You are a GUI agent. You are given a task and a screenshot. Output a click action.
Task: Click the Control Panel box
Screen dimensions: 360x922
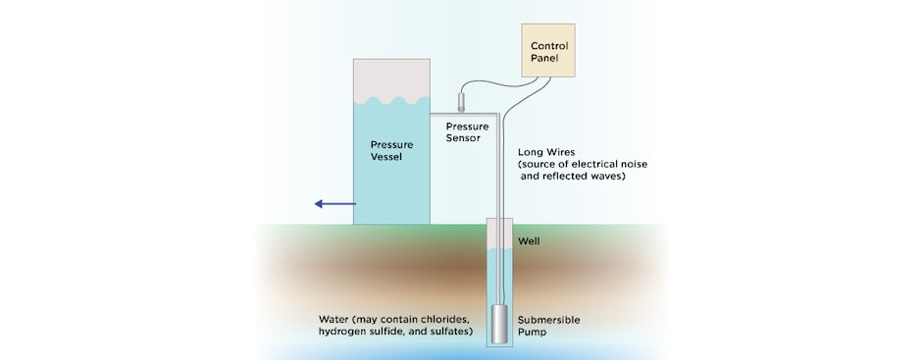coord(550,51)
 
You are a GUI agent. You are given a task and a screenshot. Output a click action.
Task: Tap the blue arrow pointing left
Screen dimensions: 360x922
coord(333,203)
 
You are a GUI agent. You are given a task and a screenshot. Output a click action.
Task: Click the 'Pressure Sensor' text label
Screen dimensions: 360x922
coord(467,132)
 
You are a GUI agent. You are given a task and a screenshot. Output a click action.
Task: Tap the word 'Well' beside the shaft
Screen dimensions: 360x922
coord(529,240)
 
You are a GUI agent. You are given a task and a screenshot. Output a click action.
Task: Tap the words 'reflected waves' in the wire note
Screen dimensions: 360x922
coord(589,177)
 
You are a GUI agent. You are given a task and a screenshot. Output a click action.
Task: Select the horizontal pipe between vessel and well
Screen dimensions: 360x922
coord(463,115)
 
